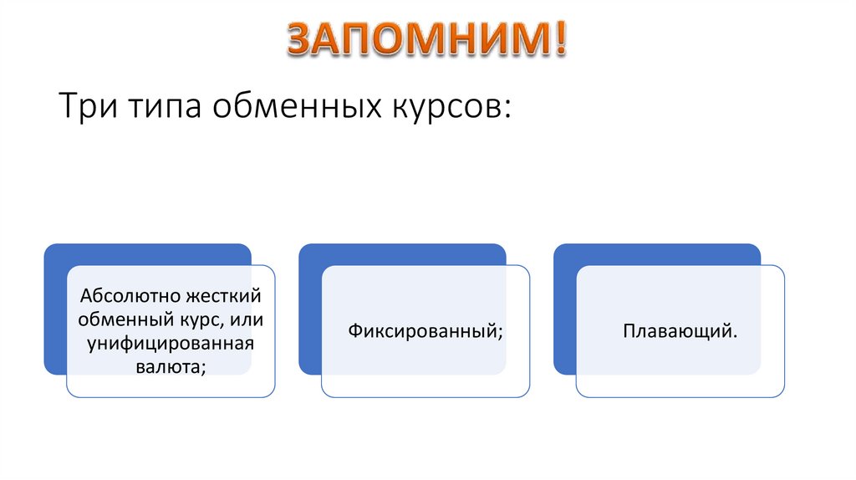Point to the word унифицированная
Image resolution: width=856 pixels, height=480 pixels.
click(165, 342)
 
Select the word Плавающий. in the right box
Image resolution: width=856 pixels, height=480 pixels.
click(680, 330)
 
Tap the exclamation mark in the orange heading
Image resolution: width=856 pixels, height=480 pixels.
click(557, 38)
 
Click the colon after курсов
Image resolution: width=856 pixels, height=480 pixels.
click(506, 111)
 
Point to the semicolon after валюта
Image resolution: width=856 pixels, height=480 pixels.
click(204, 368)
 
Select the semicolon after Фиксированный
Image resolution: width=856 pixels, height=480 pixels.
click(501, 333)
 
